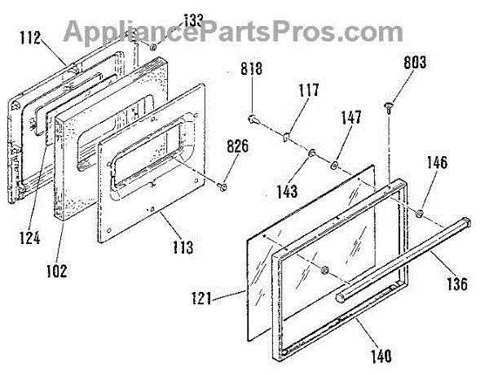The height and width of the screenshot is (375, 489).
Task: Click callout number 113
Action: click(x=183, y=246)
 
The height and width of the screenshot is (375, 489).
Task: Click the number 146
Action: click(x=436, y=163)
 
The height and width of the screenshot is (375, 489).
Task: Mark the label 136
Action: click(x=457, y=284)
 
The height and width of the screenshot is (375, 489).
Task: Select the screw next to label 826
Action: click(x=222, y=186)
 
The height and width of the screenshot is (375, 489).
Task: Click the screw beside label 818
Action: click(x=253, y=120)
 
